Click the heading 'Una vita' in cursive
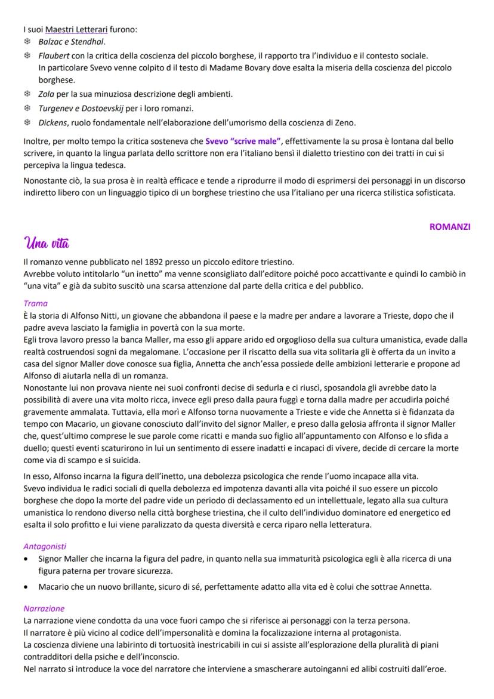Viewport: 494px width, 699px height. click(x=47, y=244)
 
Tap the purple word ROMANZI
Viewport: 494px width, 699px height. click(x=450, y=227)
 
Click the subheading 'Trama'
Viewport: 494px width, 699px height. click(x=35, y=303)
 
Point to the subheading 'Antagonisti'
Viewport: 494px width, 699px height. click(x=45, y=546)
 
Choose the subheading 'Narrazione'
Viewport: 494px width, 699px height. click(x=44, y=608)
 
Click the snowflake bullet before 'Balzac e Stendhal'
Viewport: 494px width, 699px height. click(x=27, y=42)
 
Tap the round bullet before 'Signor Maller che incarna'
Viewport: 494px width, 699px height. click(x=27, y=559)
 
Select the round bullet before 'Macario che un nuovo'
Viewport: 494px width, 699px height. click(x=27, y=587)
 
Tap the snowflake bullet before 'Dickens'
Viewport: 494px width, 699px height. click(x=27, y=123)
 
